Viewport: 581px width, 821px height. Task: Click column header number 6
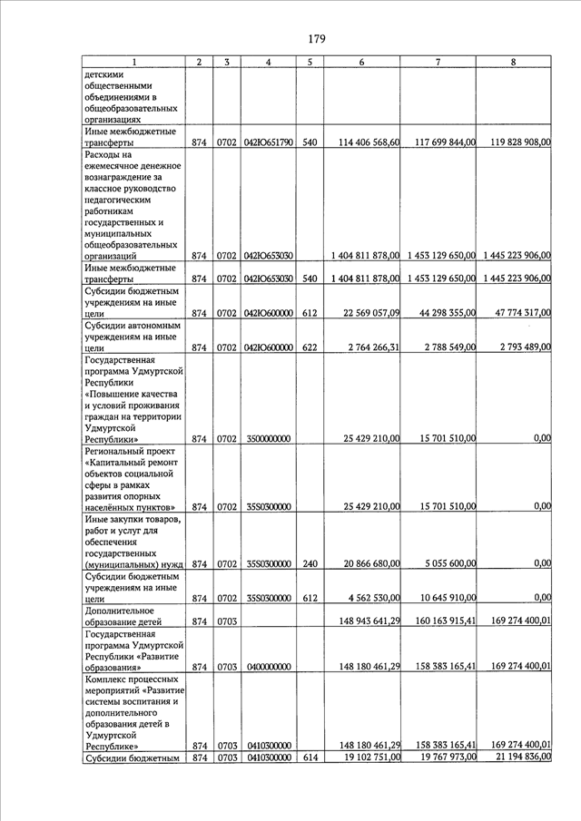point(361,62)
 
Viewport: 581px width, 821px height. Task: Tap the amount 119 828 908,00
point(515,143)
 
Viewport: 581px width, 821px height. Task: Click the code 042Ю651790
point(268,143)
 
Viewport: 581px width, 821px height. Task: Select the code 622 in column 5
point(310,347)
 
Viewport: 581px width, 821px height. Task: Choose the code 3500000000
point(268,438)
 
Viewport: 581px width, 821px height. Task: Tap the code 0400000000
point(268,667)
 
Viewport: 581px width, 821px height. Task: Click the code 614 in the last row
point(310,757)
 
